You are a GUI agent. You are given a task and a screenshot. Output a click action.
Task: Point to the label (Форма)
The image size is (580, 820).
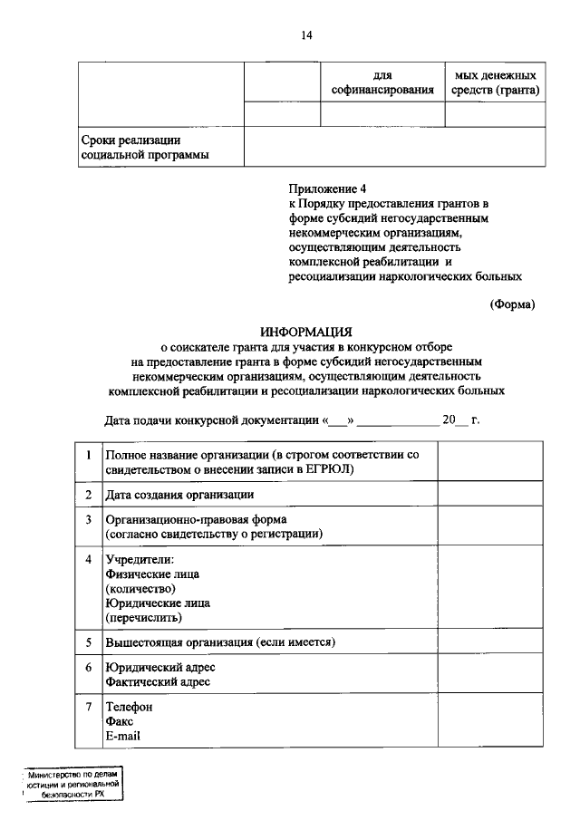tap(512, 304)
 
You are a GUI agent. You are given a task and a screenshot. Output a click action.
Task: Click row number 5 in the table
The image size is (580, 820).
tap(88, 642)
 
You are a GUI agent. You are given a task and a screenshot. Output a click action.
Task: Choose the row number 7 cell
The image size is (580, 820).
tap(88, 706)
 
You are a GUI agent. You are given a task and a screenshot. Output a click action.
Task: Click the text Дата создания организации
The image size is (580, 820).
tap(179, 495)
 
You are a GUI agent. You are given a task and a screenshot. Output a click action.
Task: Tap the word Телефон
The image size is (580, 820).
tap(130, 706)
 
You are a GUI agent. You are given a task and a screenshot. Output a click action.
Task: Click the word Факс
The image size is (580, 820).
tap(121, 721)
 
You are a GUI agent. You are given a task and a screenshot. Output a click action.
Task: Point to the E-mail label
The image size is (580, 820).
tap(123, 737)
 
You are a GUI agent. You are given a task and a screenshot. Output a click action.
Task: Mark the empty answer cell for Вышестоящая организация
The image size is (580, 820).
tap(490, 642)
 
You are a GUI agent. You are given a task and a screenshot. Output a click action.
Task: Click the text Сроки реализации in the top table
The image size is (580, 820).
tap(130, 140)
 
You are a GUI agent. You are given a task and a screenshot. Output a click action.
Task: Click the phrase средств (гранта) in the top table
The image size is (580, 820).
tap(495, 90)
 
